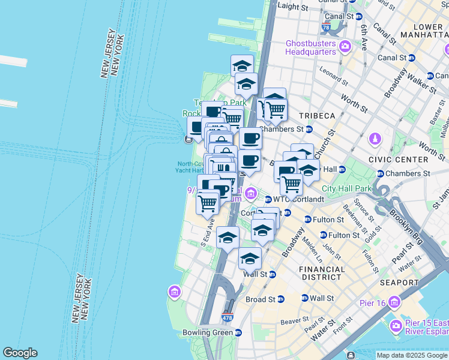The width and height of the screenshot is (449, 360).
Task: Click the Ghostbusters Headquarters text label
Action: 310,47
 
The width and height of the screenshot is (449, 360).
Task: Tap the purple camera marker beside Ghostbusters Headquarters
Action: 345,46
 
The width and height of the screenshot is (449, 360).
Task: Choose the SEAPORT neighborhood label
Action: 399,282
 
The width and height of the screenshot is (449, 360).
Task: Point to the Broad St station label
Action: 261,299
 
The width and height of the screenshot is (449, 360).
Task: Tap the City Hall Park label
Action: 347,188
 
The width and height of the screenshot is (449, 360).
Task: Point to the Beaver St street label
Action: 295,321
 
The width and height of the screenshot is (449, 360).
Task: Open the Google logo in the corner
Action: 20,353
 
